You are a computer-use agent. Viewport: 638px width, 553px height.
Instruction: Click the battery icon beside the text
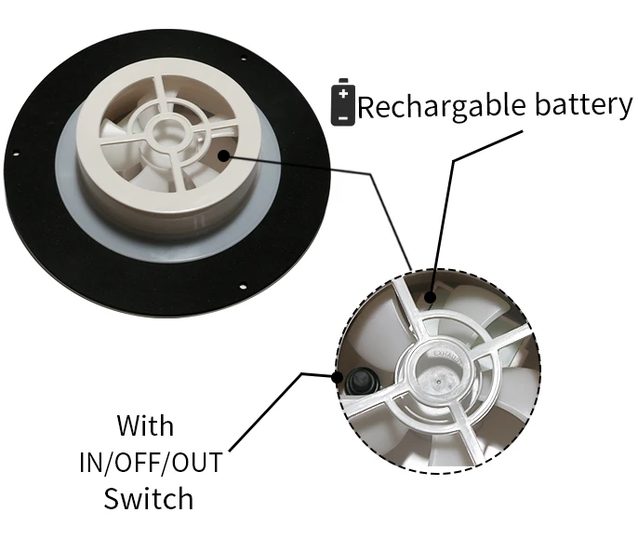(344, 102)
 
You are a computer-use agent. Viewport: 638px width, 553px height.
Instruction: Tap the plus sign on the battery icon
(344, 93)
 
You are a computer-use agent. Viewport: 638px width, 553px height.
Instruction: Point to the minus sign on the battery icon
(344, 115)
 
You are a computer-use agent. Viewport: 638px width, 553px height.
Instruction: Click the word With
(145, 426)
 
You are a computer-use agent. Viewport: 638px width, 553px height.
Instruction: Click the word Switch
(148, 499)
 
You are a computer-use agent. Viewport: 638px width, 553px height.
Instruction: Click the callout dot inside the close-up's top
(431, 298)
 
